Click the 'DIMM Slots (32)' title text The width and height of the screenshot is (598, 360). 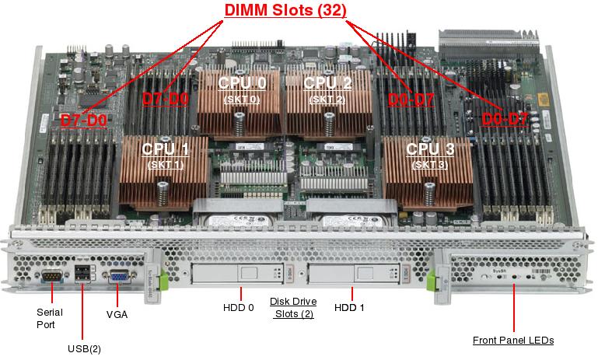285,10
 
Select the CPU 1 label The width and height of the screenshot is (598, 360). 165,148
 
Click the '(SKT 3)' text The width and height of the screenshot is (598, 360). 429,164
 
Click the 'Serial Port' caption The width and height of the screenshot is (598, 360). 50,318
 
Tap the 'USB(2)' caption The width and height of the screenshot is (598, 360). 85,348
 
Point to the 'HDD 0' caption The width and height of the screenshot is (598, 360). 240,307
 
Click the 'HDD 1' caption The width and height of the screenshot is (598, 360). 349,307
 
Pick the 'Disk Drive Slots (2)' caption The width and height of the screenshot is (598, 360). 292,307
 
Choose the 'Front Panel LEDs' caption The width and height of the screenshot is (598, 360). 513,341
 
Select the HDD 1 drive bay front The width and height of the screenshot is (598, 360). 351,274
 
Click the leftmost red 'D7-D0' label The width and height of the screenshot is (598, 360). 83,121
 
